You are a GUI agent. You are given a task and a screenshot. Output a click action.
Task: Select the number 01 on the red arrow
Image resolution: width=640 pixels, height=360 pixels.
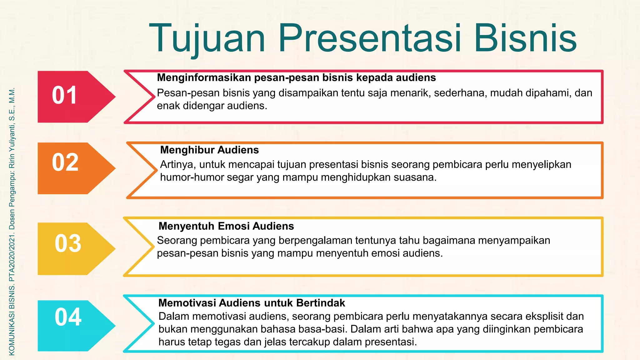click(64, 95)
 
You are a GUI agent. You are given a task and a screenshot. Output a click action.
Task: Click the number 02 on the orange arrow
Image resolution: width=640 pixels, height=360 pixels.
click(65, 162)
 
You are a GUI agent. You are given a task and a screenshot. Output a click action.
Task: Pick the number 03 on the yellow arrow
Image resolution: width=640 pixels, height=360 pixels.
click(68, 243)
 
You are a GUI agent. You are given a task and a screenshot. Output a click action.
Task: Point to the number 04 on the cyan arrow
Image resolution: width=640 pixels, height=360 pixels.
click(68, 317)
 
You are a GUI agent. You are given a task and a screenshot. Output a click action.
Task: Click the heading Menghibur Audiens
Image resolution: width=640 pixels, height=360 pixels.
click(209, 150)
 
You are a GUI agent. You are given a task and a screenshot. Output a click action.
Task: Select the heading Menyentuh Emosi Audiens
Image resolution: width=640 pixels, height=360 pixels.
click(226, 226)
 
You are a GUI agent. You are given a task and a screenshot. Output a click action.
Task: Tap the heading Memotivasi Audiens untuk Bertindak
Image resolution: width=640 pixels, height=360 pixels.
click(252, 303)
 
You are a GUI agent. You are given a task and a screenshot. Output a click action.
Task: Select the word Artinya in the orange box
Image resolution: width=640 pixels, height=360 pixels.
click(178, 164)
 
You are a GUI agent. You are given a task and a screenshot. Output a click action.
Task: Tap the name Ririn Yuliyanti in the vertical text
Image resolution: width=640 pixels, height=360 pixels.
click(12, 147)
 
